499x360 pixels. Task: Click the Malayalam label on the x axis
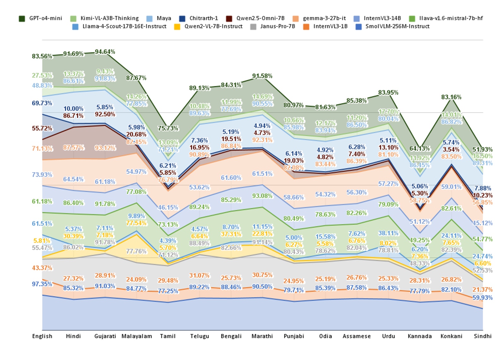tap(137, 336)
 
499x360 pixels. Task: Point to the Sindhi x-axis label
tap(483, 336)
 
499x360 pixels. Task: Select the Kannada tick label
tap(419, 336)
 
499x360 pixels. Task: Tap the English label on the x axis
tap(42, 336)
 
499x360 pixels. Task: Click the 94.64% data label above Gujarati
tap(105, 52)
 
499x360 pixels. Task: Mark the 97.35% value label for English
tap(42, 284)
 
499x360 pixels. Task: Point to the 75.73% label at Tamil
tap(168, 128)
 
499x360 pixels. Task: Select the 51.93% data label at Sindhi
tap(483, 149)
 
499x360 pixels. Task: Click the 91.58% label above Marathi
tap(262, 76)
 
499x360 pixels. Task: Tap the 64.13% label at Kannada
tap(419, 148)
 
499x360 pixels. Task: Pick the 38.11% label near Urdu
tap(388, 233)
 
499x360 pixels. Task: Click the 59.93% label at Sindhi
tap(482, 298)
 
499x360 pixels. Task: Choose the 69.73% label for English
tap(42, 103)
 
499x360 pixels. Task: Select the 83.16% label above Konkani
tap(451, 97)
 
